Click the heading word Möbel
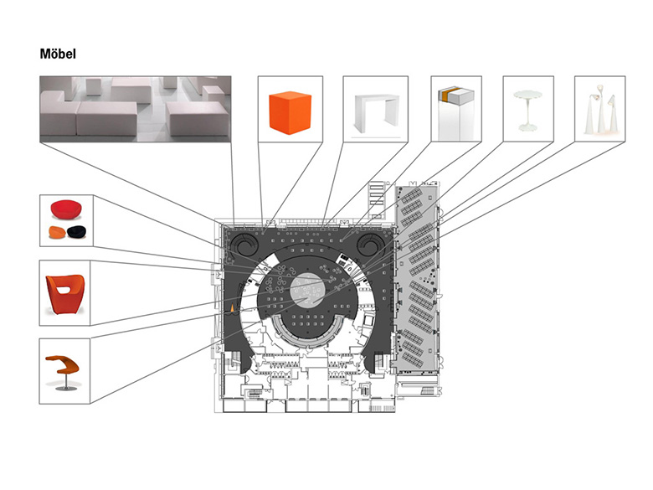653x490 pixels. (58, 54)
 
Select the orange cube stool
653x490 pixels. (290, 112)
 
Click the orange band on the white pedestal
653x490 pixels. (445, 95)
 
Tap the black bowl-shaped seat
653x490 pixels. (77, 232)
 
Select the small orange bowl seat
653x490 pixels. (58, 233)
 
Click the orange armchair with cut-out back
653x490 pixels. (65, 294)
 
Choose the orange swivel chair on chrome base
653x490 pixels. (63, 372)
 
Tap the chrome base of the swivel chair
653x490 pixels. (66, 388)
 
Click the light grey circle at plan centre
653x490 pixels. (307, 291)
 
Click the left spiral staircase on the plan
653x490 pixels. (243, 245)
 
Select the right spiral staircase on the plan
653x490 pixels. (370, 245)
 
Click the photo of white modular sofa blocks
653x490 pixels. (136, 109)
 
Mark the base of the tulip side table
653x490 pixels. (528, 128)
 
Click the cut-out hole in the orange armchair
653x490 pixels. (64, 290)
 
